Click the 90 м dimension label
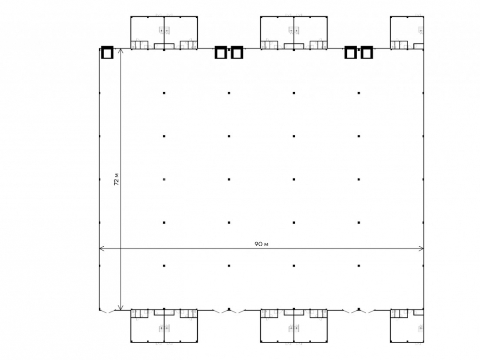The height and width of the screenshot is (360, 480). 261,244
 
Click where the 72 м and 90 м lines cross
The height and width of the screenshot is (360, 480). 120,249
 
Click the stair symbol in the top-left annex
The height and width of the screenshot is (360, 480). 164,30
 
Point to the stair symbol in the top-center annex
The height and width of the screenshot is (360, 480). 294,30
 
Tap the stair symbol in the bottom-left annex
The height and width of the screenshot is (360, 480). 164,329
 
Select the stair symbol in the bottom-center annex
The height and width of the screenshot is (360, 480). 294,329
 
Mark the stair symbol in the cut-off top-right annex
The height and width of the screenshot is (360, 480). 421,30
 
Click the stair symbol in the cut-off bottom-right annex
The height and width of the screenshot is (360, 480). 421,329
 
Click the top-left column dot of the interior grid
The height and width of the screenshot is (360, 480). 164,93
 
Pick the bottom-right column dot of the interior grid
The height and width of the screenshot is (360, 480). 359,266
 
